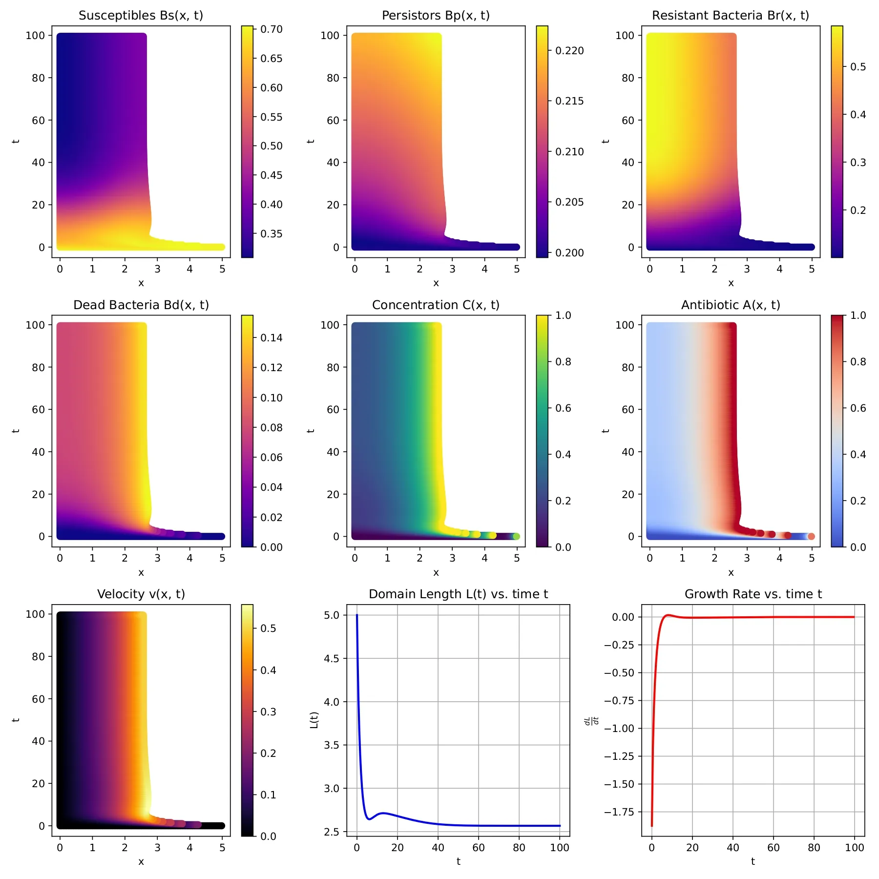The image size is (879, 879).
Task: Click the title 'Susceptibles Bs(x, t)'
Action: [141, 16]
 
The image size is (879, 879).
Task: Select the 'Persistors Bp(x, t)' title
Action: [436, 16]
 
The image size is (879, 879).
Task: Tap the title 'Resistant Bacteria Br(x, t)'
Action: [731, 16]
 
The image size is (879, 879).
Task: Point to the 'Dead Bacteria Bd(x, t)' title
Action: [141, 305]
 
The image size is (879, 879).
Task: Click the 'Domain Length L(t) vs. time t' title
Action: [458, 594]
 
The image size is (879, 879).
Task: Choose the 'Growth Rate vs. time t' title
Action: [753, 594]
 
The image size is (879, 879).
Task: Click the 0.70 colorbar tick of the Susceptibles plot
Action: [272, 30]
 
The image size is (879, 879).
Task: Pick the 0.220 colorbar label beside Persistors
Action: [569, 51]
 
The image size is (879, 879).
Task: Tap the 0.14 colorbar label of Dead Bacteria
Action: [272, 338]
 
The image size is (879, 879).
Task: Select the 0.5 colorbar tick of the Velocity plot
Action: [268, 628]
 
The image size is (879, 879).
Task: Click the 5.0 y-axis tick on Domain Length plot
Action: [332, 615]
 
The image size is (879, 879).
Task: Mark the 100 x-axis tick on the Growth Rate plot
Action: [854, 848]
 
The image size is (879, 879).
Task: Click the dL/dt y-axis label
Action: [592, 721]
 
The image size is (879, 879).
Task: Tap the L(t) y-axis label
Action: [314, 720]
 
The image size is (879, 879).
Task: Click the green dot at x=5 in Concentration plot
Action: [517, 537]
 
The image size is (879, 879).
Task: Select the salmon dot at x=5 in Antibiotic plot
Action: [811, 537]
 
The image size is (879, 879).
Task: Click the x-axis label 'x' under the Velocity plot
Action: [141, 862]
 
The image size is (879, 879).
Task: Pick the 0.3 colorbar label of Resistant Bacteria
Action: [858, 163]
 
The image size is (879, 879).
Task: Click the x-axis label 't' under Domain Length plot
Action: [458, 862]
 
